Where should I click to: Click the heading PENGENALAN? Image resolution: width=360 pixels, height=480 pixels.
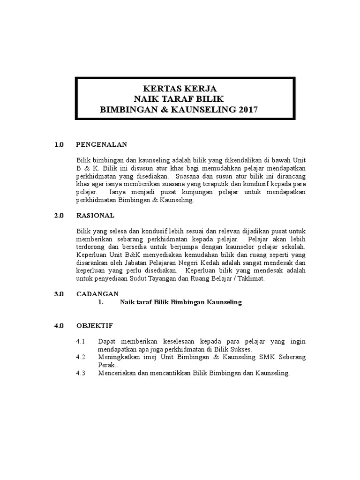point(101,144)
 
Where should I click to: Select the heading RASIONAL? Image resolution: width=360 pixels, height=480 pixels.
point(95,216)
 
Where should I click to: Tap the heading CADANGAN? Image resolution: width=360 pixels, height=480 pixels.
point(97,294)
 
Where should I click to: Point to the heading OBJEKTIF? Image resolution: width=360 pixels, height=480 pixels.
point(95,325)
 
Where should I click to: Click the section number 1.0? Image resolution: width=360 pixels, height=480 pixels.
point(58,144)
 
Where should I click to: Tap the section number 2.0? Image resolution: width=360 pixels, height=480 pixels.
point(58,216)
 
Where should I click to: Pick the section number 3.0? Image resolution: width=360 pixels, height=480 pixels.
point(58,294)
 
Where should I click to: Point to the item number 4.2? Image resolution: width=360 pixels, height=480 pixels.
point(81,357)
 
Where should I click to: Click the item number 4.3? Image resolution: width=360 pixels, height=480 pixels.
point(81,373)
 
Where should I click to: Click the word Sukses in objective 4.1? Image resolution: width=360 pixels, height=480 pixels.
point(241,349)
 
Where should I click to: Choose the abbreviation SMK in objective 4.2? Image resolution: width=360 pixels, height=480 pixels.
point(252,357)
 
